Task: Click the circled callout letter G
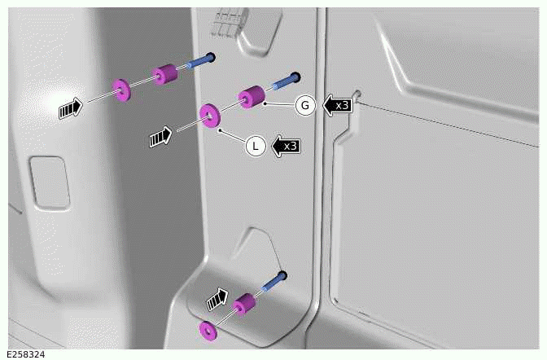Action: coord(305,105)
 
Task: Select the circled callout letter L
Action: coord(256,146)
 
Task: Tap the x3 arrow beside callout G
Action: coord(338,105)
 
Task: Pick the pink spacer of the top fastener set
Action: coord(166,72)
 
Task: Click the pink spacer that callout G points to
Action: coord(252,97)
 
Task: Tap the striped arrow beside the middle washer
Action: coord(161,137)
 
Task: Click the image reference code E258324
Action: coord(25,354)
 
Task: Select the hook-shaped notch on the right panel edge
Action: coord(352,114)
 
